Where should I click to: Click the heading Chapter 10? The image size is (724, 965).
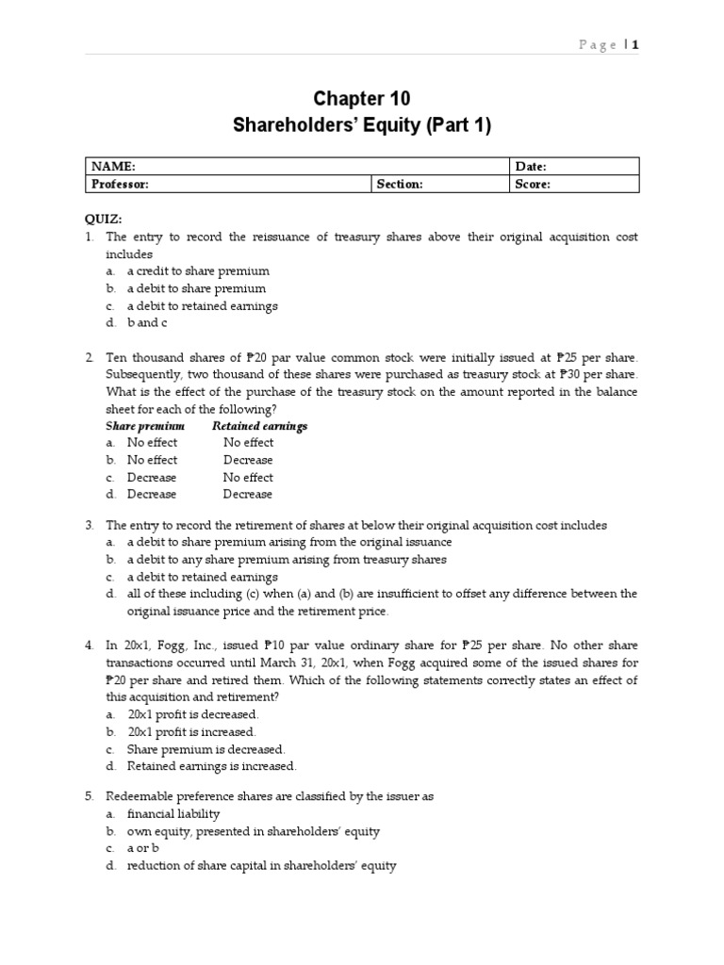click(362, 99)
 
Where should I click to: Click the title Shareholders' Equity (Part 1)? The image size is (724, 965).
click(362, 125)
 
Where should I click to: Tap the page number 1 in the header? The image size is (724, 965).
click(635, 44)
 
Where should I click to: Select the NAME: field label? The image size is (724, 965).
click(112, 166)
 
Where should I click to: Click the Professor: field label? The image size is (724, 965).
click(119, 184)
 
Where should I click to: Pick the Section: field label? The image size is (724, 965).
click(400, 184)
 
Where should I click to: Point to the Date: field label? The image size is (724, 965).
click(531, 166)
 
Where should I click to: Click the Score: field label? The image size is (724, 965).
click(533, 184)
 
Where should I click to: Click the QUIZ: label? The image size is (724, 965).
click(104, 219)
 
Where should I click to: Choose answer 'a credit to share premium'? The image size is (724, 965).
click(198, 271)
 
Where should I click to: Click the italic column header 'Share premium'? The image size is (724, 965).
click(145, 426)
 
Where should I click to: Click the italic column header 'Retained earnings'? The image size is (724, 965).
click(260, 426)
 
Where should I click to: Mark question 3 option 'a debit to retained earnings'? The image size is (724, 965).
click(203, 577)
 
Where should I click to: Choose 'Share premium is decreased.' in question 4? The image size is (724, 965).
click(206, 749)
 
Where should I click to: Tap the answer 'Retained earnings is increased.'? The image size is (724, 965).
click(212, 766)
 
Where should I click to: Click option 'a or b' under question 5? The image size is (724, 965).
click(146, 848)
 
